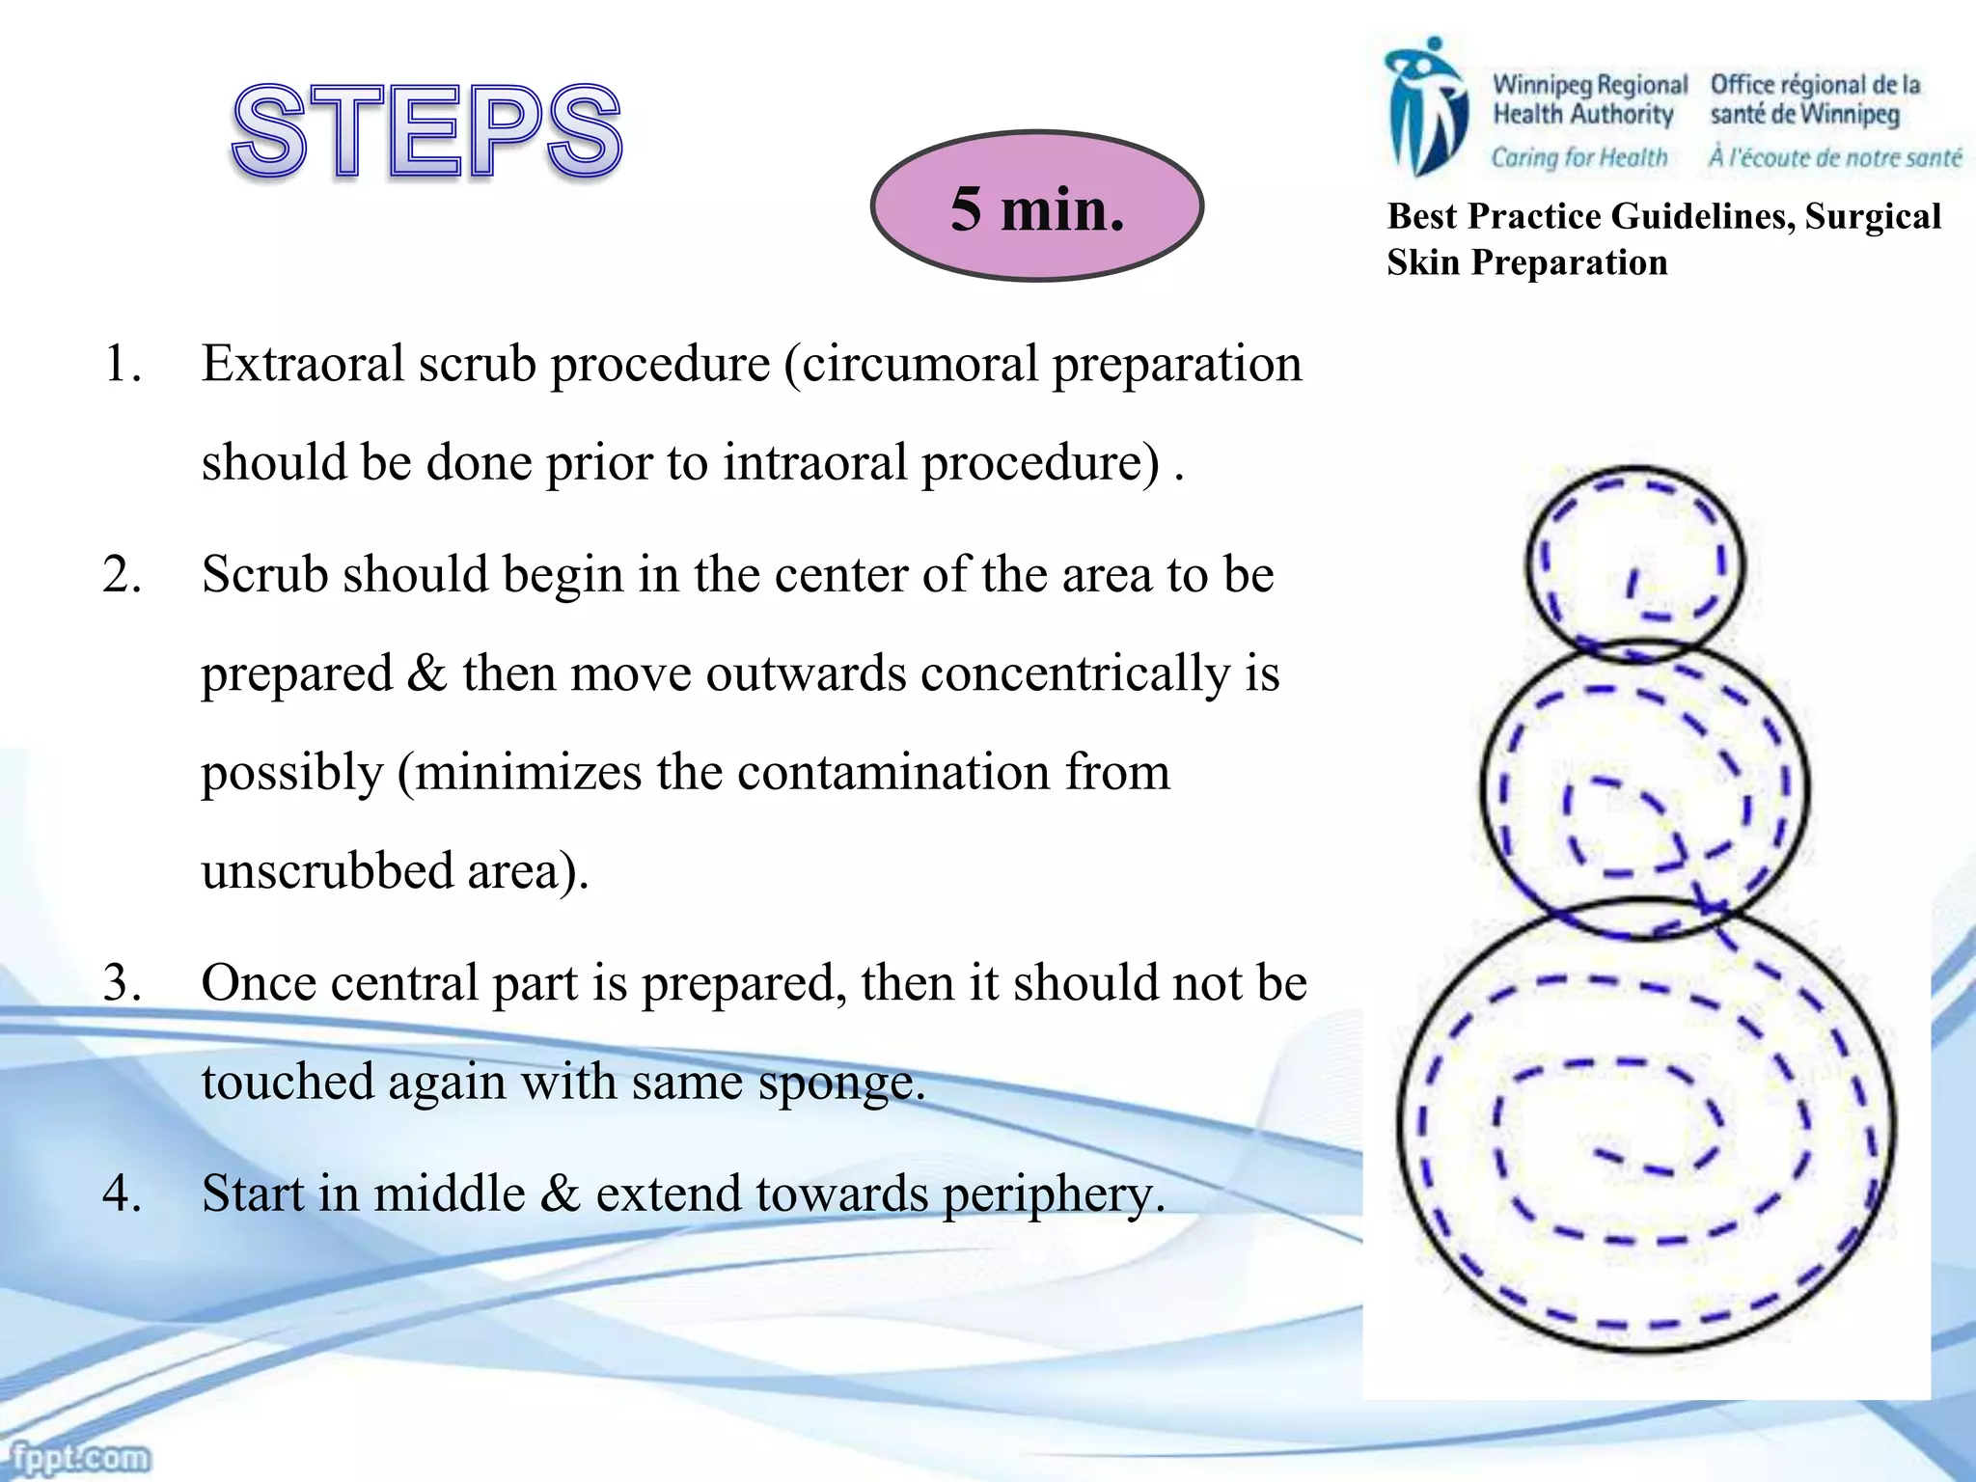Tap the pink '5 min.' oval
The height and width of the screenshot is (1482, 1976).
click(1037, 206)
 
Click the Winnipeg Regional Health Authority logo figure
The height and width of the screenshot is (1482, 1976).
click(1426, 106)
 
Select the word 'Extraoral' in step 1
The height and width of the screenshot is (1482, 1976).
click(302, 365)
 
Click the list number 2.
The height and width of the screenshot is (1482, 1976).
click(123, 575)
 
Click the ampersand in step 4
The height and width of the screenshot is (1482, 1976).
click(561, 1194)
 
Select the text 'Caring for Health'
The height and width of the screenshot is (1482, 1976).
click(1578, 157)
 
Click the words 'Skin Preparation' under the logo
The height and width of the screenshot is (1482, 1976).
click(1526, 262)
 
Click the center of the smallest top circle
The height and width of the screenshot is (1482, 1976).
click(1635, 564)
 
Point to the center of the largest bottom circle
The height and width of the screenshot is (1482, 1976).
click(1646, 1125)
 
